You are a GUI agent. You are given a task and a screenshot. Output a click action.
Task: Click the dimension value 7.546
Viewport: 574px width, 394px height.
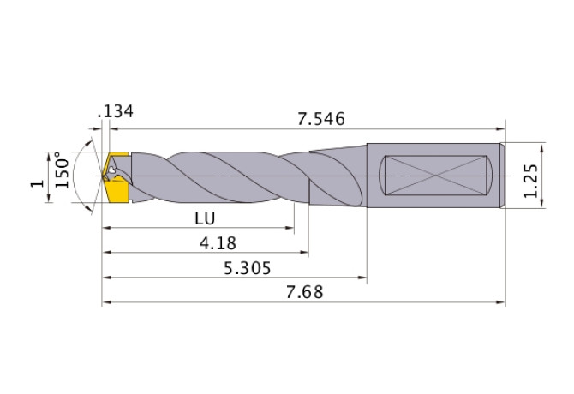[320, 119]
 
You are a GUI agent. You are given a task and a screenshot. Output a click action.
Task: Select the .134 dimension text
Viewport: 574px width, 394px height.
[116, 112]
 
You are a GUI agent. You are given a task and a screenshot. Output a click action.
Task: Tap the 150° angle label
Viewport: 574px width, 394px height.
[61, 171]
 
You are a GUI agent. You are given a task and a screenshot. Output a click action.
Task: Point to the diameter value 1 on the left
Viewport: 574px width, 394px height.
[35, 182]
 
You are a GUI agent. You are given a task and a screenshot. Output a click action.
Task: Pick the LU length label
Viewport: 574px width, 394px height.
[203, 218]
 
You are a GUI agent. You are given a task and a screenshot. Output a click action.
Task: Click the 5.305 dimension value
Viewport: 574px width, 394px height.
[246, 268]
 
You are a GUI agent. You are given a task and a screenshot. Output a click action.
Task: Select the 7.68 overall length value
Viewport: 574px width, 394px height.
[302, 293]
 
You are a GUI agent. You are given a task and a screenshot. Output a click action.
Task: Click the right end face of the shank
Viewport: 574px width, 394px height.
[503, 175]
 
